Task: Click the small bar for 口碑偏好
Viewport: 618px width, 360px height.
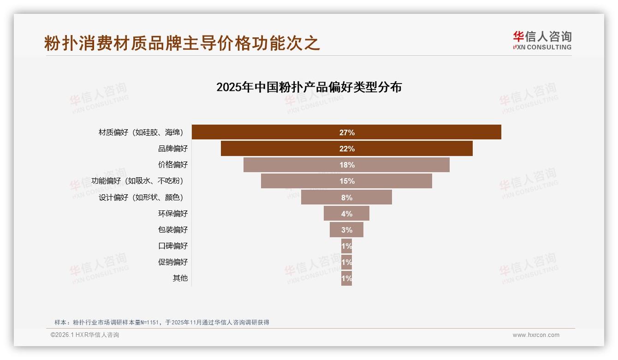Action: (346, 246)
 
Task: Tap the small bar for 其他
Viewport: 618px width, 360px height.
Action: (346, 278)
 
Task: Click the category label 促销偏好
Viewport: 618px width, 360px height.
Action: (173, 262)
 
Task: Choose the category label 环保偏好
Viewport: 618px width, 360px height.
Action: (173, 213)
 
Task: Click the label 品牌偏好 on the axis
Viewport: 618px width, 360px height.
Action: (173, 149)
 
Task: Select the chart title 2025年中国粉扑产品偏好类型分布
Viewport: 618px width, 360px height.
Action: (309, 87)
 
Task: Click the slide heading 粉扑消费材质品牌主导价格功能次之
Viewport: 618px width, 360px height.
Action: (182, 43)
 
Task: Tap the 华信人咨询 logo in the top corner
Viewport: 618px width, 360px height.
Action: (542, 40)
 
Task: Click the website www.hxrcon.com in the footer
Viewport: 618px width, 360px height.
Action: (536, 335)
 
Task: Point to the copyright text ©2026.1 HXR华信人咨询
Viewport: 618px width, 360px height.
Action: (85, 335)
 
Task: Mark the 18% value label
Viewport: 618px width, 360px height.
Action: (347, 165)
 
